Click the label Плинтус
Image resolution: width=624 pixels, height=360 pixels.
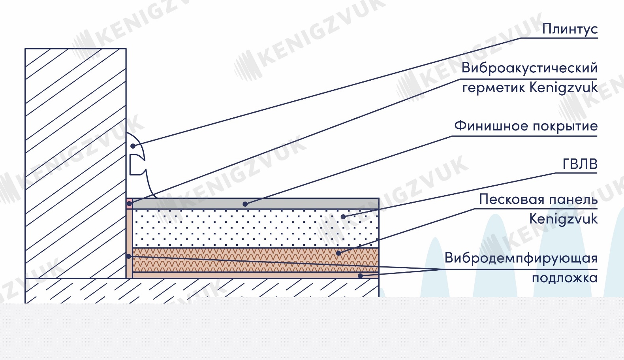click(570, 29)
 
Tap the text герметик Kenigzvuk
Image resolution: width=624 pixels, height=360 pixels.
click(530, 87)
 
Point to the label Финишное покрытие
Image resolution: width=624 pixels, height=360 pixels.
click(526, 126)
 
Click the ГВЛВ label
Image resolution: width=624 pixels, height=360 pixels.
click(580, 164)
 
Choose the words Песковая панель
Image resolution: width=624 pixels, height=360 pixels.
click(538, 200)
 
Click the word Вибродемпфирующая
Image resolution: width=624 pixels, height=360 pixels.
click(521, 258)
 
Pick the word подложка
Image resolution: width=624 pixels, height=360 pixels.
click(565, 278)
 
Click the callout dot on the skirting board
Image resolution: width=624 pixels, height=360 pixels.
click(133, 146)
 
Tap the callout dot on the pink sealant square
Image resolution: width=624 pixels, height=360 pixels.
click(129, 204)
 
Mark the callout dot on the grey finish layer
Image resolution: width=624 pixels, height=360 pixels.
click(245, 204)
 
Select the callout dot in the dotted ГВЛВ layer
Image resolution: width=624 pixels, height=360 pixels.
click(343, 217)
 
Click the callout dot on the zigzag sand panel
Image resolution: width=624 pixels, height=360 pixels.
click(338, 253)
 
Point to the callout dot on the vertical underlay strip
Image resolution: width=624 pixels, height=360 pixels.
click(129, 256)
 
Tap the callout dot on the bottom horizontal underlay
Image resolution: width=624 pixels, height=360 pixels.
click(360, 276)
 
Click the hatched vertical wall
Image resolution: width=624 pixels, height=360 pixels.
click(75, 163)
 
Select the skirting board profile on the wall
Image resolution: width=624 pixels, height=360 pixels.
click(138, 164)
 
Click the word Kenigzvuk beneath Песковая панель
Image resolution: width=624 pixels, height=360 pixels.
click(563, 219)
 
